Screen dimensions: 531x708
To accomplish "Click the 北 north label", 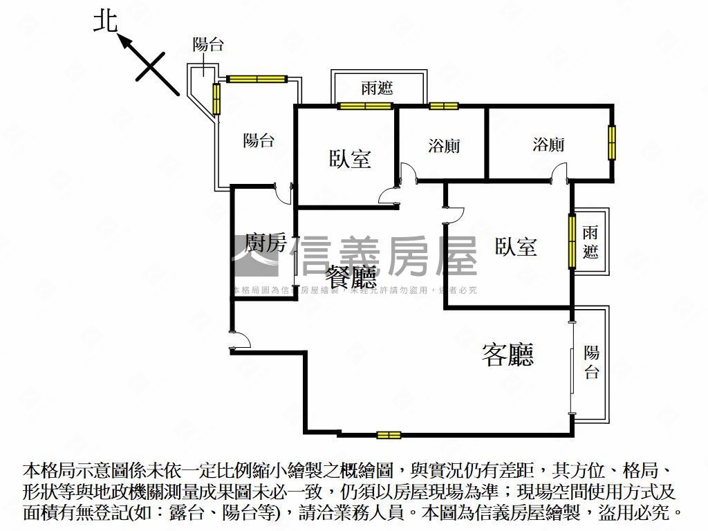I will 105,21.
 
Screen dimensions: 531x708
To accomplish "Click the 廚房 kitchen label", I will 265,243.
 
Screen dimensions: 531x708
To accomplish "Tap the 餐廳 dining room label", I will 353,277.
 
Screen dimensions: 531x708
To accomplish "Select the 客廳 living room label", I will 508,355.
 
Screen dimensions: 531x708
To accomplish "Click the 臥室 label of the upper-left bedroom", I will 350,158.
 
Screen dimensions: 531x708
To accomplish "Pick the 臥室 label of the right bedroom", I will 516,246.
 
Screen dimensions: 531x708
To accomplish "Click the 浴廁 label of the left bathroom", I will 444,146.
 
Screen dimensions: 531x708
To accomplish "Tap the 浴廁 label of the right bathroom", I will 548,144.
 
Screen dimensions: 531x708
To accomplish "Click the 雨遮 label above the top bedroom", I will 378,88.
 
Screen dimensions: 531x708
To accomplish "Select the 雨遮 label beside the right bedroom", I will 590,241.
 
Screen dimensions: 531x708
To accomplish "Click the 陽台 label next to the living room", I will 591,362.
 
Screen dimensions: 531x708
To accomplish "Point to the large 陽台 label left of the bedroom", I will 259,140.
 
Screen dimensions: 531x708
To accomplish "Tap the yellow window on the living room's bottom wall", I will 389,435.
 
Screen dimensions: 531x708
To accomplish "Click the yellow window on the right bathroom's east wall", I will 612,142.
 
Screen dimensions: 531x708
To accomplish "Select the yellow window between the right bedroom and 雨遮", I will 572,241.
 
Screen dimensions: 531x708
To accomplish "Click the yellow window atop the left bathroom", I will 443,106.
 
